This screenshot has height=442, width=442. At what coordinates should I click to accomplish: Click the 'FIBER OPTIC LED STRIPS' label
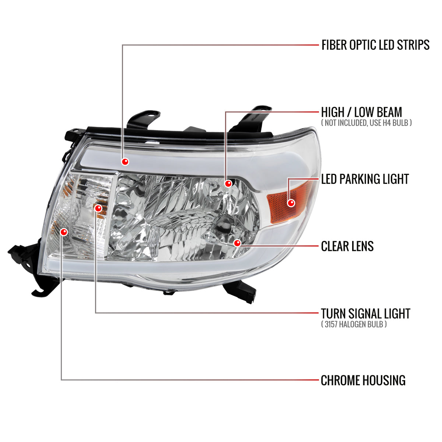tap(375, 45)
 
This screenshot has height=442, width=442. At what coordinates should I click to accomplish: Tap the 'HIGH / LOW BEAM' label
tap(361, 112)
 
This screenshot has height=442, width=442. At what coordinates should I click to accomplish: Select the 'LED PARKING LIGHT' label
tap(365, 179)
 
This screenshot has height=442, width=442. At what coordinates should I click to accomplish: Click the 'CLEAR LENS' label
tap(347, 246)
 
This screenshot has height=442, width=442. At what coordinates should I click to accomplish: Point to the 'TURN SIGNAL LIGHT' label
tap(365, 313)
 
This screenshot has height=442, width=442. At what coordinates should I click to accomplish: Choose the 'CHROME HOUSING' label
tap(363, 380)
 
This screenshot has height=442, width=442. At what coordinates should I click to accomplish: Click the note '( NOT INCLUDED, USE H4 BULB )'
tap(366, 123)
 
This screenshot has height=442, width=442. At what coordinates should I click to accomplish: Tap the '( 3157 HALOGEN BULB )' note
tap(354, 324)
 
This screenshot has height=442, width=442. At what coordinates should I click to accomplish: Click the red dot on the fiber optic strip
tap(126, 161)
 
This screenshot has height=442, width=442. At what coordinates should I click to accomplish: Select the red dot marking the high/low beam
tap(228, 183)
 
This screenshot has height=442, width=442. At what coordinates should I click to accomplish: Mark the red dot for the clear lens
tap(237, 243)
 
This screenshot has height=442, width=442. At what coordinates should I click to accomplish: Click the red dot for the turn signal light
tap(98, 208)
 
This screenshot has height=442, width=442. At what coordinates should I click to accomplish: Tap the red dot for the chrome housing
tap(64, 232)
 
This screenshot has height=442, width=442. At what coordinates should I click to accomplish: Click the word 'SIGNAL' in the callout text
tap(366, 313)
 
